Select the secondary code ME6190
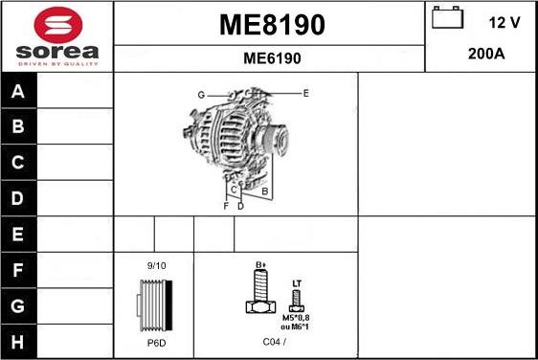(x=272, y=57)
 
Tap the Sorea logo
(x=56, y=35)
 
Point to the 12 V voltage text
(x=504, y=21)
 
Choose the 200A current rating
(x=486, y=54)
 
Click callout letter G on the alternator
(x=201, y=95)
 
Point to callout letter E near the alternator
(x=305, y=93)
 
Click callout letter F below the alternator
(x=226, y=206)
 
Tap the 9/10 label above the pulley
(x=156, y=265)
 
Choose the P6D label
(x=155, y=342)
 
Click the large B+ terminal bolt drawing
(x=259, y=293)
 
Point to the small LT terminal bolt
(x=297, y=301)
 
